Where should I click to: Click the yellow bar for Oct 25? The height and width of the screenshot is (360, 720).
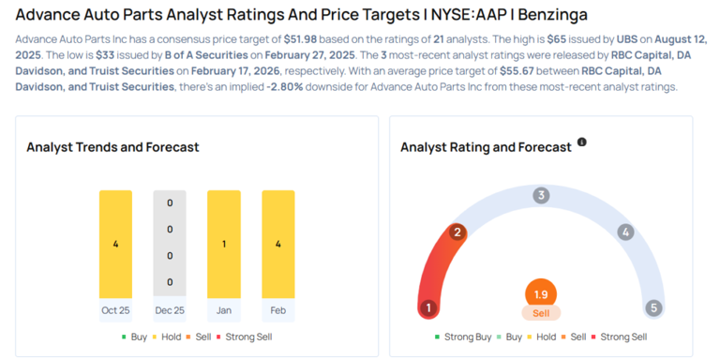pyautogui.click(x=115, y=244)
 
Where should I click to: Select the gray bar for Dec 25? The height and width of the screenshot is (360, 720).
pyautogui.click(x=170, y=244)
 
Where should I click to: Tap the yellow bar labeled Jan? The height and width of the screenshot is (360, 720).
pyautogui.click(x=224, y=244)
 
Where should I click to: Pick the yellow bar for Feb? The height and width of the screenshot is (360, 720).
pyautogui.click(x=278, y=244)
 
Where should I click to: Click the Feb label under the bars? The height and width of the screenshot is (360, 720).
pyautogui.click(x=278, y=309)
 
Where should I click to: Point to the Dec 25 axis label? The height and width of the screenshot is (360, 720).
pyautogui.click(x=170, y=309)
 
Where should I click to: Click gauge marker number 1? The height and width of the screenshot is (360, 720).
pyautogui.click(x=428, y=307)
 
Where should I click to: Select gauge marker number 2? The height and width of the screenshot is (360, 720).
pyautogui.click(x=457, y=232)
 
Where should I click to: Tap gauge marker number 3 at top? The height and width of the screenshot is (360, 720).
pyautogui.click(x=541, y=195)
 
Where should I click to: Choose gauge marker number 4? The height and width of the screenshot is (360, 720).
pyautogui.click(x=625, y=232)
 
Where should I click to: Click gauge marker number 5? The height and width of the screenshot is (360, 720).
pyautogui.click(x=654, y=307)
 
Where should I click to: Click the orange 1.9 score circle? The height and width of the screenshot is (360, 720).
pyautogui.click(x=541, y=293)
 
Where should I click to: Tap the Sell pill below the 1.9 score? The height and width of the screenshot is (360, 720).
pyautogui.click(x=541, y=313)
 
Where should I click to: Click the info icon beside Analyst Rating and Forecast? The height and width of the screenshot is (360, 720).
pyautogui.click(x=582, y=142)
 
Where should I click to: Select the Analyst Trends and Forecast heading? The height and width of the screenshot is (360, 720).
pyautogui.click(x=112, y=147)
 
